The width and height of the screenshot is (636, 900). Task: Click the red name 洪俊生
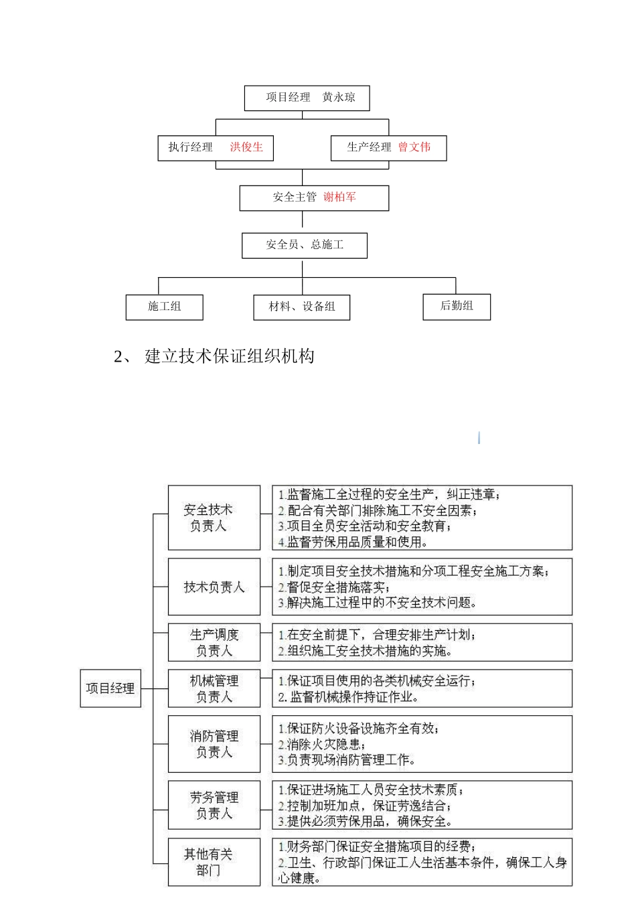246,147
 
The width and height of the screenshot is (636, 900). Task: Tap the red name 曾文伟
414,147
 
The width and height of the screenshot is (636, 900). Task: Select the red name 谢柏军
339,197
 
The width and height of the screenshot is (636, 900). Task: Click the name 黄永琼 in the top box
339,97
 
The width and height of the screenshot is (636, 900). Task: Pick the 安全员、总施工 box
305,245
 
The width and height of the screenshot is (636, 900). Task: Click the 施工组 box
164,307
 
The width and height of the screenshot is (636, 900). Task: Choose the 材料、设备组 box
302,307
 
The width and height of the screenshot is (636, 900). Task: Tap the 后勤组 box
457,306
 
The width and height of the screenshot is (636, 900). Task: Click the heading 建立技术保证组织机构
229,356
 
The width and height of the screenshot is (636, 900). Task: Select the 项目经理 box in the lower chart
110,688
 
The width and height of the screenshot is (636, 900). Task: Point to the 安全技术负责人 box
214,518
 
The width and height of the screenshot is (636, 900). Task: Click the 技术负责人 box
214,587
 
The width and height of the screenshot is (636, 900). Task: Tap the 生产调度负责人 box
214,643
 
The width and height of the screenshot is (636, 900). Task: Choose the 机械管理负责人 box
214,688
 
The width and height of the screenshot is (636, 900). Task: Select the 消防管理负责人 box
214,744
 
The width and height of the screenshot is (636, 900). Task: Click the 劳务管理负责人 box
214,805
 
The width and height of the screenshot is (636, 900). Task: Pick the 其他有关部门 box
214,862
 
